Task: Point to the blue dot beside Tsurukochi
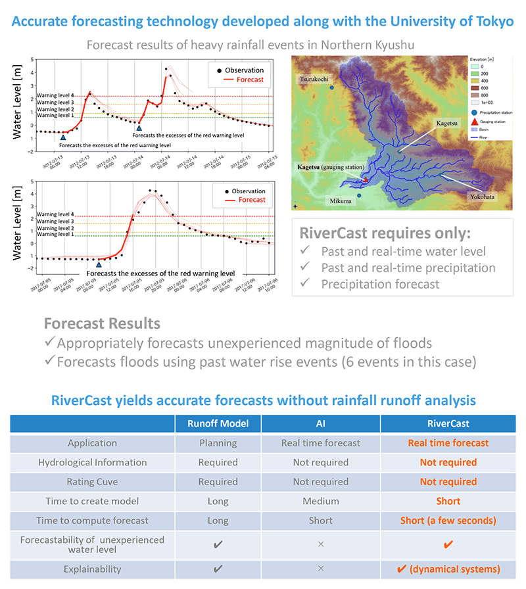pyautogui.click(x=332, y=87)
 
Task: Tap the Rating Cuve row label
pyautogui.click(x=93, y=482)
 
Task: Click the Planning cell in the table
pyautogui.click(x=218, y=443)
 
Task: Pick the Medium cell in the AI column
pyautogui.click(x=320, y=501)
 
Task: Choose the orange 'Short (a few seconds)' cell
pyautogui.click(x=448, y=520)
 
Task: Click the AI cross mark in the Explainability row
pyautogui.click(x=320, y=569)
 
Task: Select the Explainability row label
pyautogui.click(x=93, y=569)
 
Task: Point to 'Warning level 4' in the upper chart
pyautogui.click(x=55, y=96)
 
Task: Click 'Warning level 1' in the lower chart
pyautogui.click(x=55, y=234)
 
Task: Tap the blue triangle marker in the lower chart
pyautogui.click(x=99, y=264)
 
